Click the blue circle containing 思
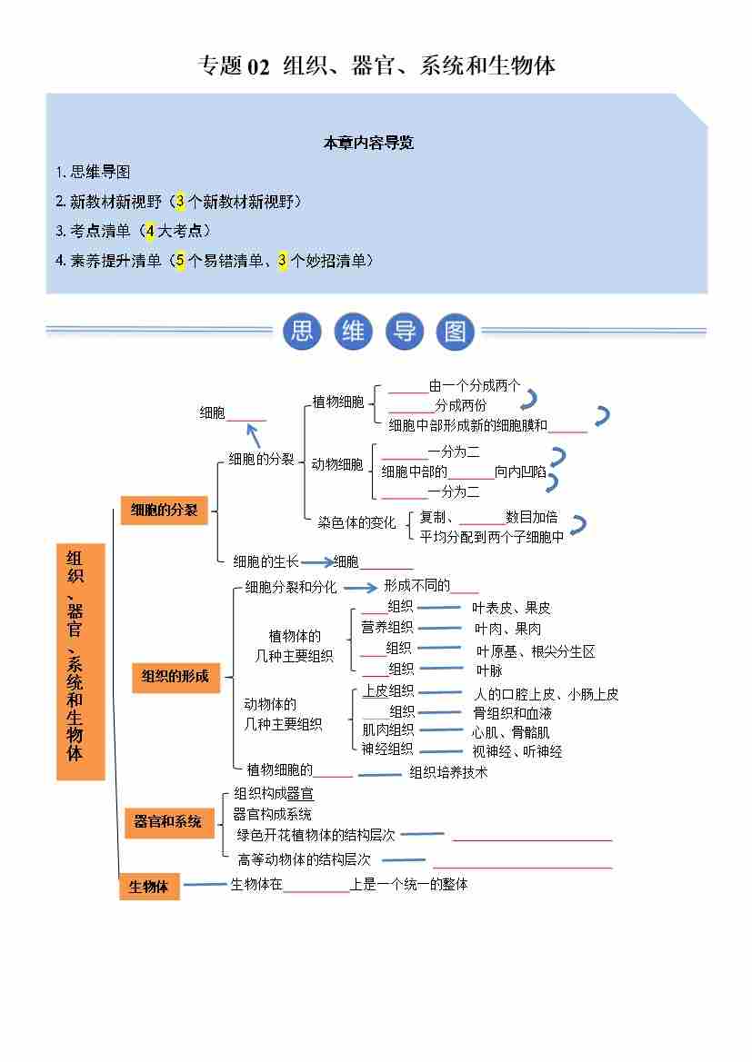click(x=302, y=332)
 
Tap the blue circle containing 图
click(x=455, y=332)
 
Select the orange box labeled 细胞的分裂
click(x=165, y=511)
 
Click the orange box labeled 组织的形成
click(x=175, y=676)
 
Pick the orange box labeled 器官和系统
click(x=168, y=821)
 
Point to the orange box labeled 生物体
click(x=149, y=887)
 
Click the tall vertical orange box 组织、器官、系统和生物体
click(x=81, y=661)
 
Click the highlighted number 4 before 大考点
click(x=150, y=231)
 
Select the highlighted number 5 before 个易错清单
click(x=180, y=261)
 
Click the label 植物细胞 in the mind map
click(x=337, y=402)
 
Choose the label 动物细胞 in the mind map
click(x=336, y=464)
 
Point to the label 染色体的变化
click(x=356, y=523)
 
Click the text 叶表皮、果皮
click(x=511, y=608)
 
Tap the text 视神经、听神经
click(x=516, y=751)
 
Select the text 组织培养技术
click(x=448, y=772)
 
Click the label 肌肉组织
click(x=387, y=730)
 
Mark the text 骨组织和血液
click(x=512, y=713)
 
